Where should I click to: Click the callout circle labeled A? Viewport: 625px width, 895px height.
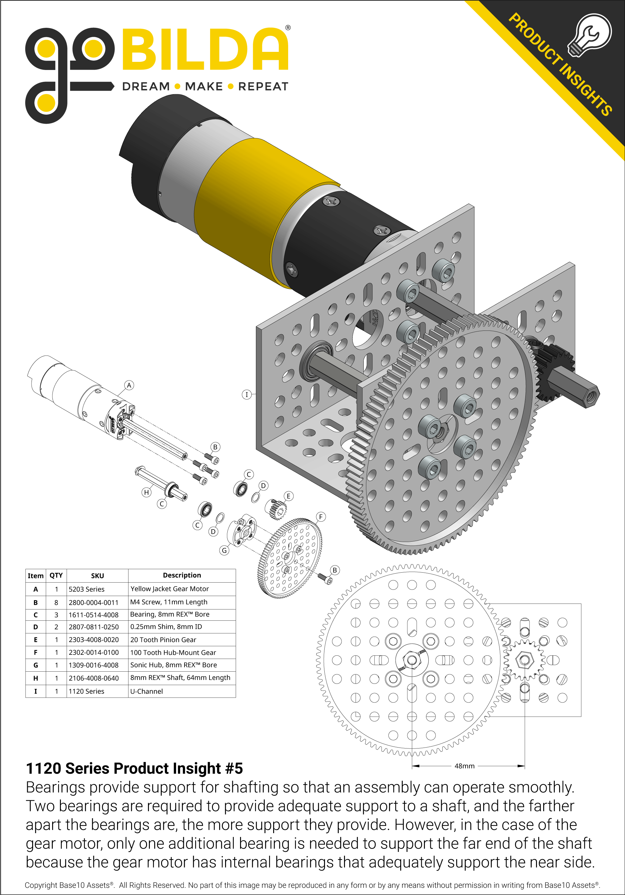tap(129, 385)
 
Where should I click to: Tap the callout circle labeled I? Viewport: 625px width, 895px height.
tap(246, 395)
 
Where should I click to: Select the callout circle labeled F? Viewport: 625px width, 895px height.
tap(321, 517)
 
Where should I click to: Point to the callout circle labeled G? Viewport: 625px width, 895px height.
tap(224, 550)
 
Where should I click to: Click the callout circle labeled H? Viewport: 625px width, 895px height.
tap(146, 492)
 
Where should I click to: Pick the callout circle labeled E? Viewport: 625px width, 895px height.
tap(288, 496)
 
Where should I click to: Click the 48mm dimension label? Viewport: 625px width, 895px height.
tap(465, 766)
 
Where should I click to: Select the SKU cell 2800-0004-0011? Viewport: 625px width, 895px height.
tap(94, 602)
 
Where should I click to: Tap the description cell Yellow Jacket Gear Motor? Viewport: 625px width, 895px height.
tap(170, 589)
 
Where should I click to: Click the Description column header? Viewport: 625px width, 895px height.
tap(182, 575)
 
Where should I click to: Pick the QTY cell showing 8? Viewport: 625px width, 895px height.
tap(56, 602)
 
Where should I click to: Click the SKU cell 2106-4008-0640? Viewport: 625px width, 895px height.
tap(94, 678)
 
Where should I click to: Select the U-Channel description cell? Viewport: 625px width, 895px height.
tap(146, 691)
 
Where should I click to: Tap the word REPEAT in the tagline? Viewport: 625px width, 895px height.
tap(263, 87)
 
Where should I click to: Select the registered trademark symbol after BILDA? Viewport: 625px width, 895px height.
tap(288, 28)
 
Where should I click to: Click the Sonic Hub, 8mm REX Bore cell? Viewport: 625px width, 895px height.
tap(173, 665)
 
